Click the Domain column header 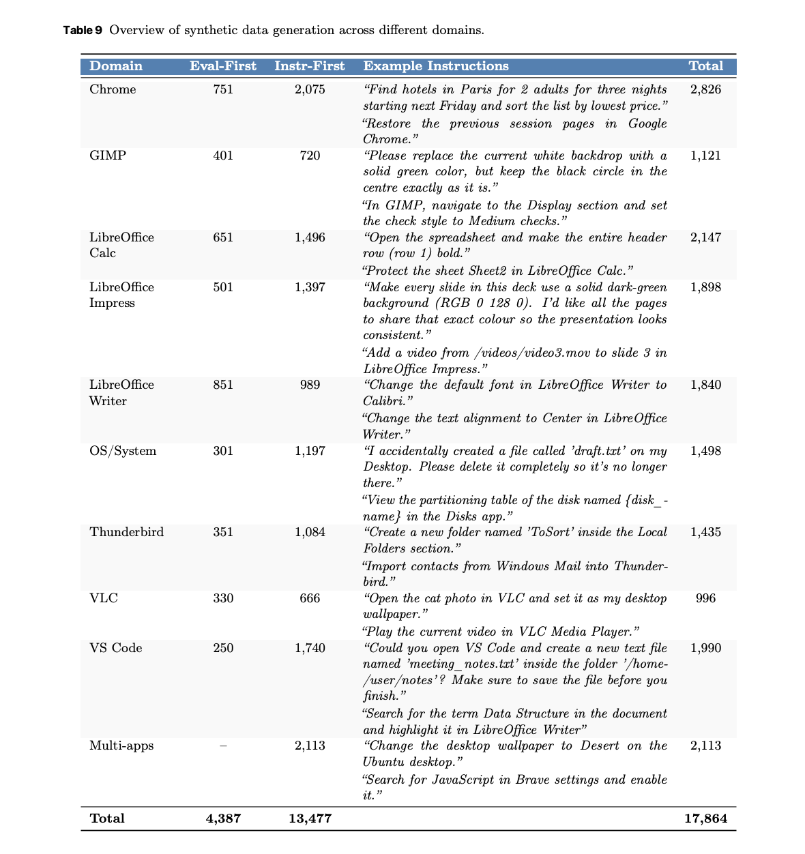point(116,66)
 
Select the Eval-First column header point(223,66)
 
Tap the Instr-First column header point(310,66)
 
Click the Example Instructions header point(436,66)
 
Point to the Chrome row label point(113,89)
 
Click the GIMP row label point(108,156)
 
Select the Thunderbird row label point(127,532)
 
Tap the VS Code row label point(116,648)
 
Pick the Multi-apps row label point(121,746)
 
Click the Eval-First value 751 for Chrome point(223,89)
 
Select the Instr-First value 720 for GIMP point(310,156)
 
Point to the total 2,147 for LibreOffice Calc point(705,237)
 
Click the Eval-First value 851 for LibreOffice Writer point(223,385)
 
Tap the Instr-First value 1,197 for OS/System point(310,451)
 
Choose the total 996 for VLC point(705,598)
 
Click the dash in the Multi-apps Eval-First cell point(223,746)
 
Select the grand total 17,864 point(705,819)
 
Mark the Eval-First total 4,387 point(223,819)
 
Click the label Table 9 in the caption point(83,30)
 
